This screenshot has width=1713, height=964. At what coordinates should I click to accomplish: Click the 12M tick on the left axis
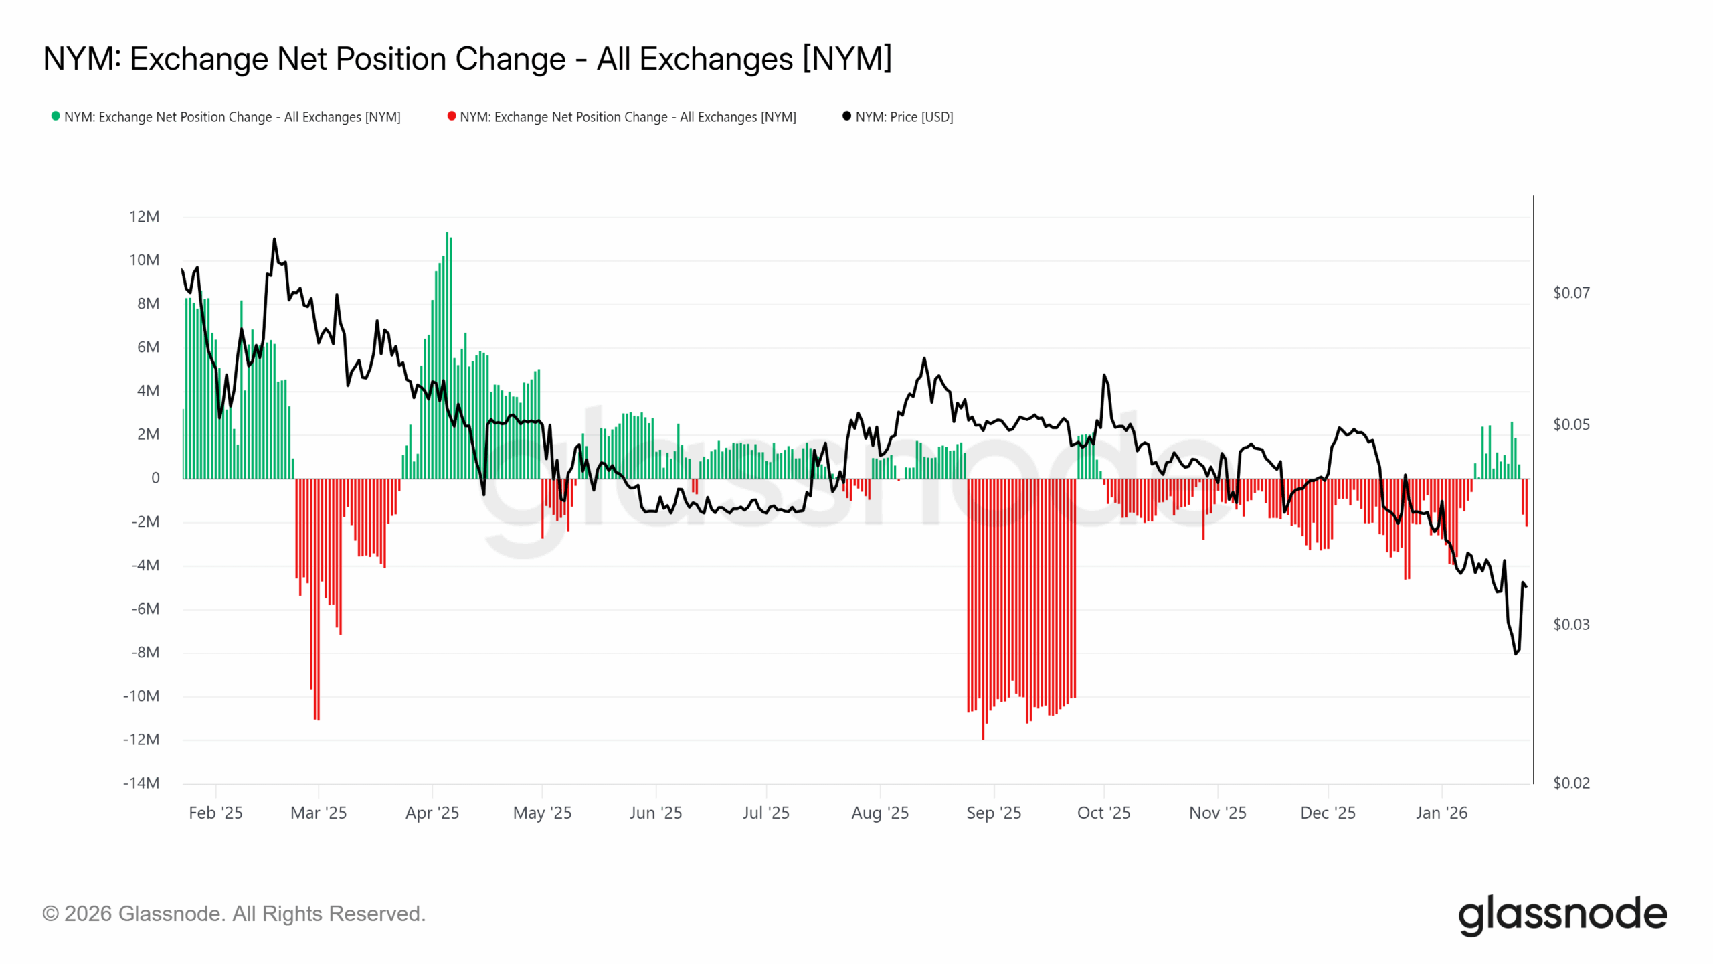point(144,216)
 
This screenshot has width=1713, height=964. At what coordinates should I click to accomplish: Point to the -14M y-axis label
point(141,783)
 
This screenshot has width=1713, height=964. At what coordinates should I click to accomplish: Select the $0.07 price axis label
point(1570,293)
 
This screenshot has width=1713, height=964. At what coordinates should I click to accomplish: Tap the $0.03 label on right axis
point(1570,624)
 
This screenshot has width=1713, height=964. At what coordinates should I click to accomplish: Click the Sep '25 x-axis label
point(993,813)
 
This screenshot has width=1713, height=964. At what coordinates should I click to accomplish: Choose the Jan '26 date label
point(1441,813)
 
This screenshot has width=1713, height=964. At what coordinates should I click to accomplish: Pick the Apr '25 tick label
point(432,813)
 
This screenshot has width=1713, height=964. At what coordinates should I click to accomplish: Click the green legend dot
point(56,116)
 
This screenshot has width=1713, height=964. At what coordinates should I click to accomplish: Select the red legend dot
point(452,116)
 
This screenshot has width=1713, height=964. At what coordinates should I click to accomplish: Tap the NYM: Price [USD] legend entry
point(903,116)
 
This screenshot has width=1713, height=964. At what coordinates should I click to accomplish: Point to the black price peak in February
point(274,239)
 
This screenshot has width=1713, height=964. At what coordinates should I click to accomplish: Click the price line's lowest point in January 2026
point(1516,653)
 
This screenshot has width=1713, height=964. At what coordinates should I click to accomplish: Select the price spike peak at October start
point(1104,375)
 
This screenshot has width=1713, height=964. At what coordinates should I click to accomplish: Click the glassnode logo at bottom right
point(1562,914)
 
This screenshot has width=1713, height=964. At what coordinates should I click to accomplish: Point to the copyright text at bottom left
point(234,914)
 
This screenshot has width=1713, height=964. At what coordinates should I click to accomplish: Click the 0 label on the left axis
point(155,478)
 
